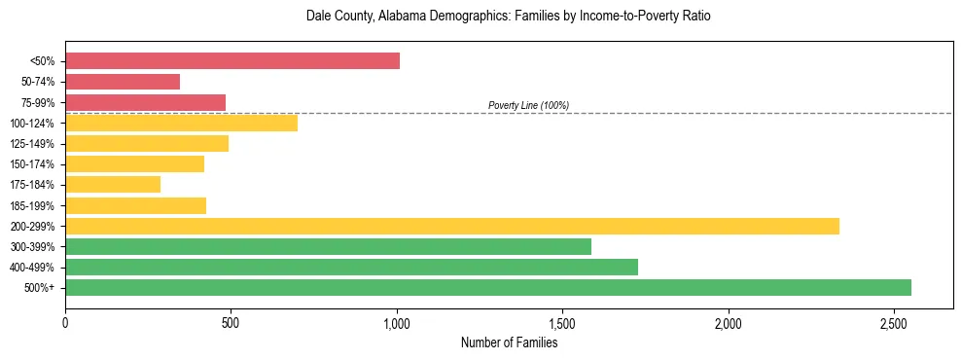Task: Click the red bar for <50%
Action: coord(232,61)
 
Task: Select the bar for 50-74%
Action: coord(123,82)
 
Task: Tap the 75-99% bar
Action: coord(145,102)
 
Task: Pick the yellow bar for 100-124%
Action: coord(181,123)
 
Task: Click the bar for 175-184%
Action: coord(113,184)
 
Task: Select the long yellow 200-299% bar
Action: coord(452,226)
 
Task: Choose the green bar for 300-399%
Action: coord(328,246)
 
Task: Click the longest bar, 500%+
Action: coord(488,287)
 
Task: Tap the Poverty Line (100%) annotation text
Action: coord(528,105)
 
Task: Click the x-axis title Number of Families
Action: coord(509,342)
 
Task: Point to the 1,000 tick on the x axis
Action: coord(397,323)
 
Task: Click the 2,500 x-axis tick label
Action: coord(894,323)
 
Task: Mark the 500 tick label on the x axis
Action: coord(231,323)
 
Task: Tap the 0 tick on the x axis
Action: coord(65,323)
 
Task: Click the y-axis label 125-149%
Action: coord(32,144)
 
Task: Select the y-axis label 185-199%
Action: coord(32,205)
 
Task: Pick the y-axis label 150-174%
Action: coord(32,164)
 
